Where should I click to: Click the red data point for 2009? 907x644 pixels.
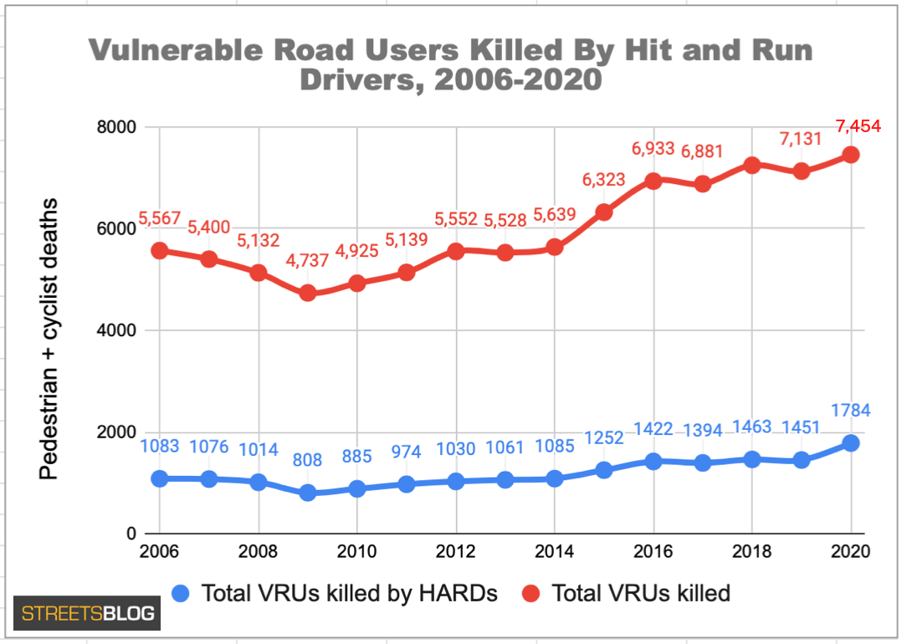click(307, 293)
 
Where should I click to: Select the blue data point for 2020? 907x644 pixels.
click(851, 442)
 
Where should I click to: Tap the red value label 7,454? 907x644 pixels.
click(858, 127)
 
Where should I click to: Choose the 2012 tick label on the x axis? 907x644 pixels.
click(455, 552)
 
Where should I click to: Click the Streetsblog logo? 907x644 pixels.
click(87, 613)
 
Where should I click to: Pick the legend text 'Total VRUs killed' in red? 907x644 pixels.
click(641, 594)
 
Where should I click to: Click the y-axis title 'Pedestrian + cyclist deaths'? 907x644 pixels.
click(50, 339)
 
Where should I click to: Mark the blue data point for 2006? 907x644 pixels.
click(159, 478)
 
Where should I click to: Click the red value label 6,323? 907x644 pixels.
click(604, 180)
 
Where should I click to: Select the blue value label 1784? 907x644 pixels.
click(851, 411)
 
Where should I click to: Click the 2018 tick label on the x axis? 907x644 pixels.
click(751, 552)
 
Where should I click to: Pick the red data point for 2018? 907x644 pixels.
click(751, 165)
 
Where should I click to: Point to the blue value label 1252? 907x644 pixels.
click(604, 438)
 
